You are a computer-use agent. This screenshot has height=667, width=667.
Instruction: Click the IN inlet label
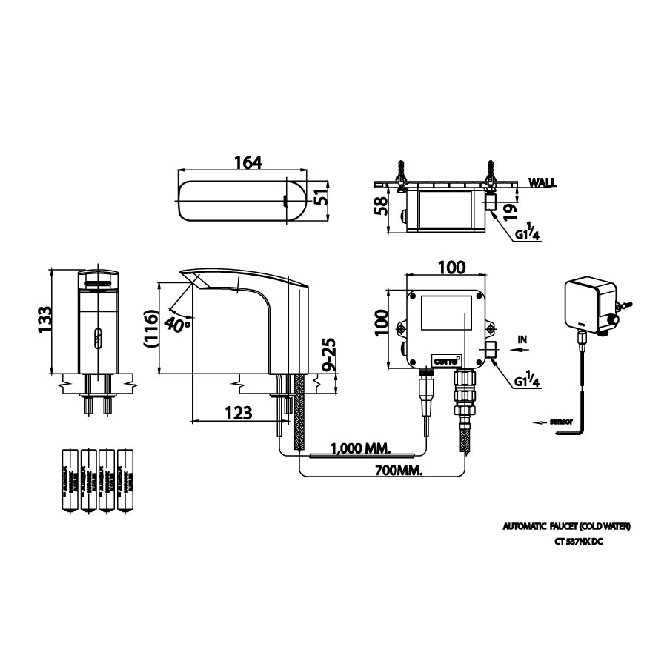tap(522, 339)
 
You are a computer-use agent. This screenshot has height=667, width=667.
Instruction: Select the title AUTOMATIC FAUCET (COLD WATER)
tap(566, 526)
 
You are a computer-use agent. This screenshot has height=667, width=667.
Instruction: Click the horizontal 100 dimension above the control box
tap(445, 268)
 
